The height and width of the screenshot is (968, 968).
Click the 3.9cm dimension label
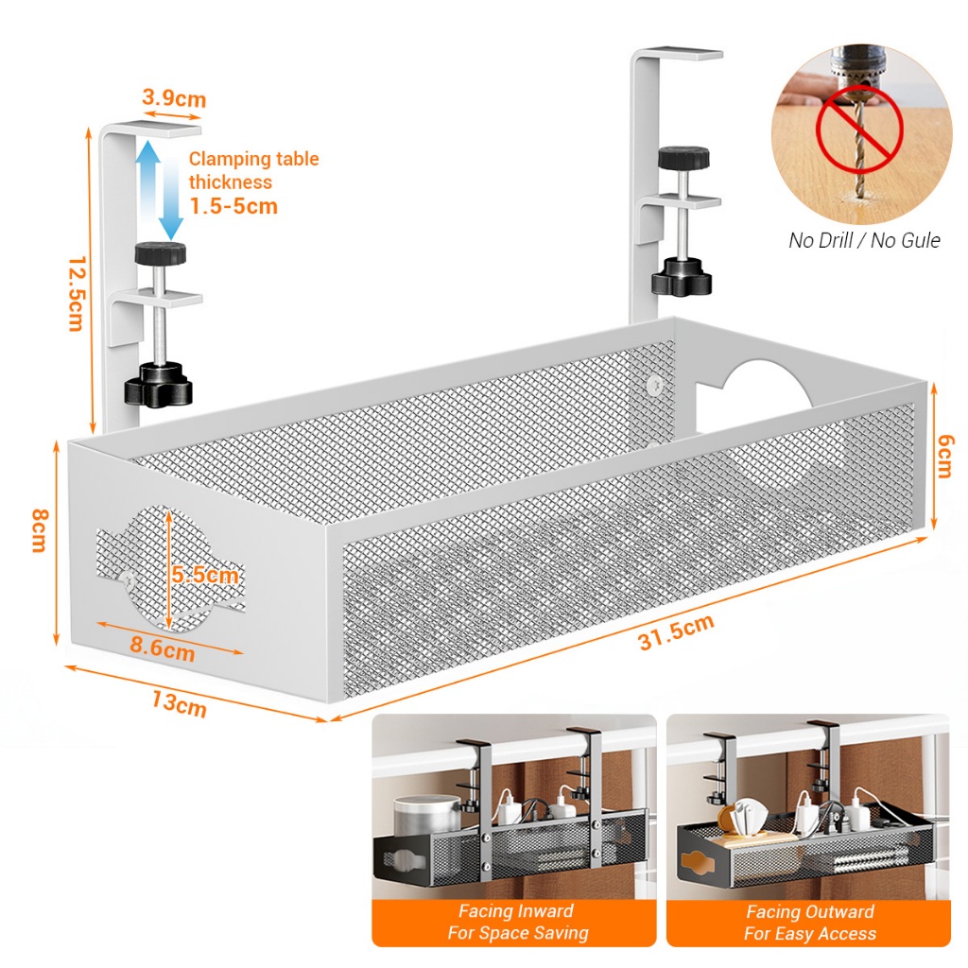pyautogui.click(x=174, y=98)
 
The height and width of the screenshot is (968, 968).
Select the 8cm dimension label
pyautogui.click(x=39, y=530)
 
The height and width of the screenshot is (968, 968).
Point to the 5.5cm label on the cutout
pyautogui.click(x=204, y=575)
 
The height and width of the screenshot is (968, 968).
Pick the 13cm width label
pyautogui.click(x=179, y=703)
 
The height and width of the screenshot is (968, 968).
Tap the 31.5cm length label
pyautogui.click(x=675, y=633)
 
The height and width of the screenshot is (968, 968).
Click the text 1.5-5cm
pyautogui.click(x=233, y=206)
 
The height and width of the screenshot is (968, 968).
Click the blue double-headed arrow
pyautogui.click(x=159, y=188)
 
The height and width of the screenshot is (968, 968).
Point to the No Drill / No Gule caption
pyautogui.click(x=864, y=240)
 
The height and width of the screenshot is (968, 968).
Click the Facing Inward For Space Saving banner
pyautogui.click(x=515, y=922)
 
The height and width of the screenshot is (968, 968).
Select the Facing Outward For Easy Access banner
pyautogui.click(x=809, y=922)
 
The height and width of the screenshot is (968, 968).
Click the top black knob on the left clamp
pyautogui.click(x=160, y=253)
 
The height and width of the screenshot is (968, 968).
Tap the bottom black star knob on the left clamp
pyautogui.click(x=157, y=386)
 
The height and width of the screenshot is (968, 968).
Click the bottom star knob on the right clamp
pyautogui.click(x=681, y=274)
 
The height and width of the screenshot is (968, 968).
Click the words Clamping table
pyautogui.click(x=253, y=159)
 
